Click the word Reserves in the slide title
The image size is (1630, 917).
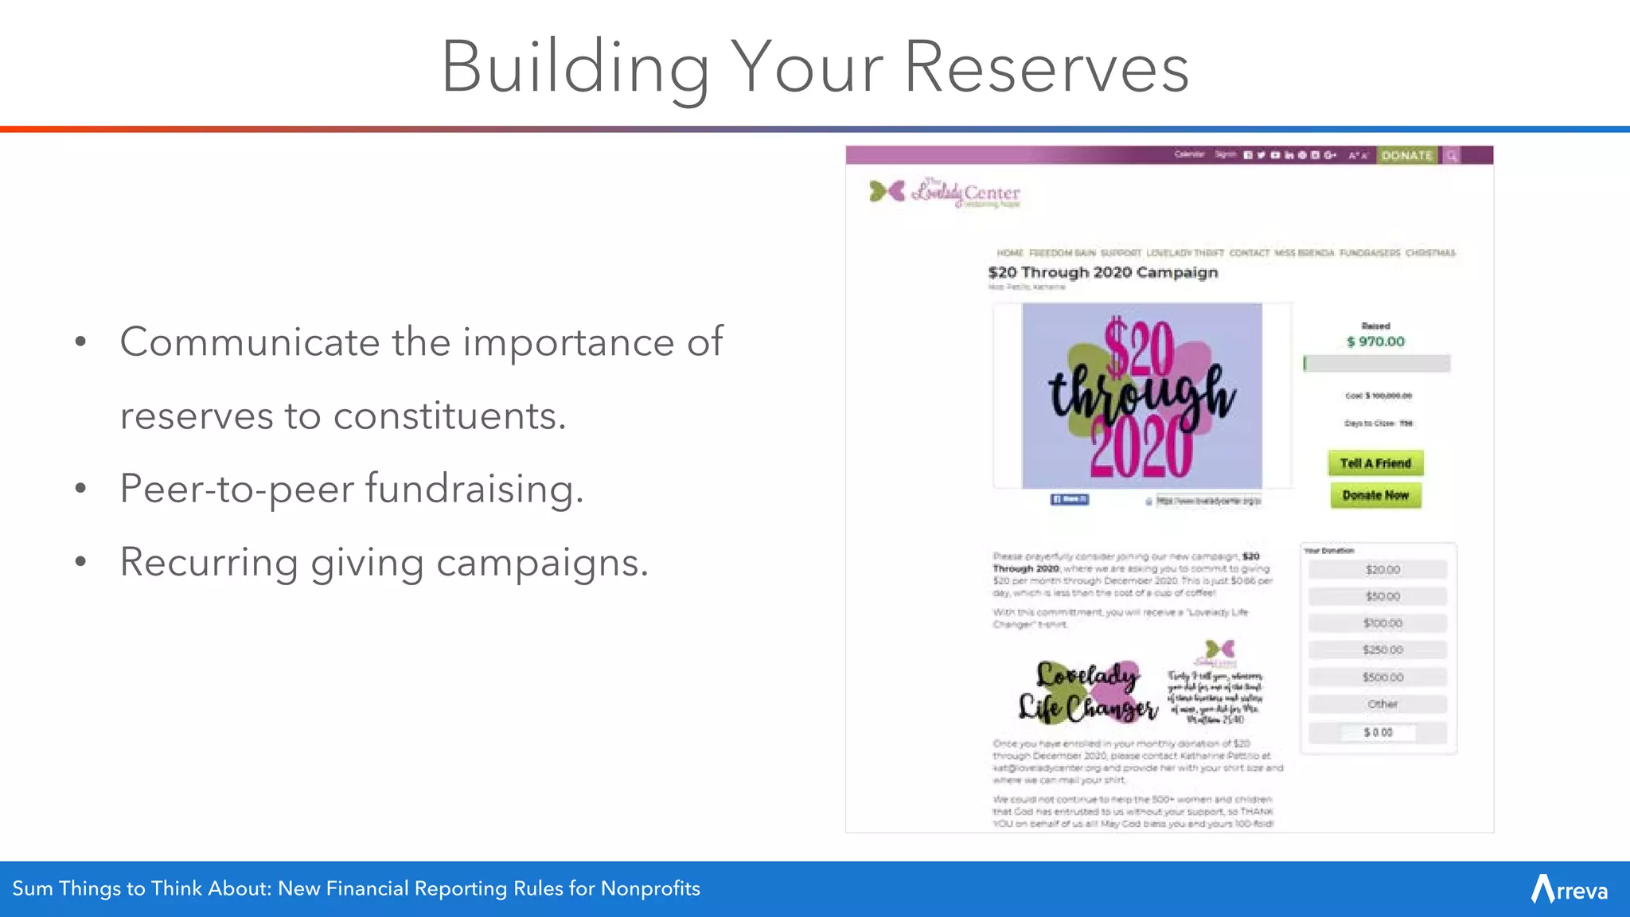(x=1046, y=68)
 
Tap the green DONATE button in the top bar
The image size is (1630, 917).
(x=1406, y=155)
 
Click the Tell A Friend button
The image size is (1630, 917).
(x=1375, y=463)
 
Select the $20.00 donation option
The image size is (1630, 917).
(x=1382, y=570)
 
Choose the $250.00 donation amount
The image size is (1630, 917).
(x=1382, y=650)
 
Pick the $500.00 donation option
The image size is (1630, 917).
(x=1382, y=677)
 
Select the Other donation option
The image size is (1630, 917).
(x=1382, y=704)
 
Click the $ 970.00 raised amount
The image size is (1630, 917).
(x=1375, y=341)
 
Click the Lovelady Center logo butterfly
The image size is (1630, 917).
(x=887, y=191)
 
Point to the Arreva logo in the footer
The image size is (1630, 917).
(x=1569, y=889)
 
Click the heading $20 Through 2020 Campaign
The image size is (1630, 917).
(x=1103, y=272)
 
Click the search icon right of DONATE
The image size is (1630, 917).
(x=1452, y=156)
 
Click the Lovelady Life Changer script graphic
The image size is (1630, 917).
(x=1087, y=691)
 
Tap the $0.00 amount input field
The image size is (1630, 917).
(x=1378, y=732)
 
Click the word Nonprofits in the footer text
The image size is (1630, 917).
(x=650, y=888)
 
